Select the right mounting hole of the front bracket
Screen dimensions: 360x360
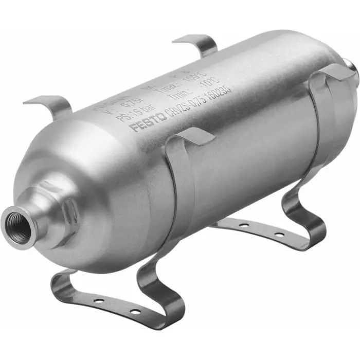pyautogui.click(x=134, y=312)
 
